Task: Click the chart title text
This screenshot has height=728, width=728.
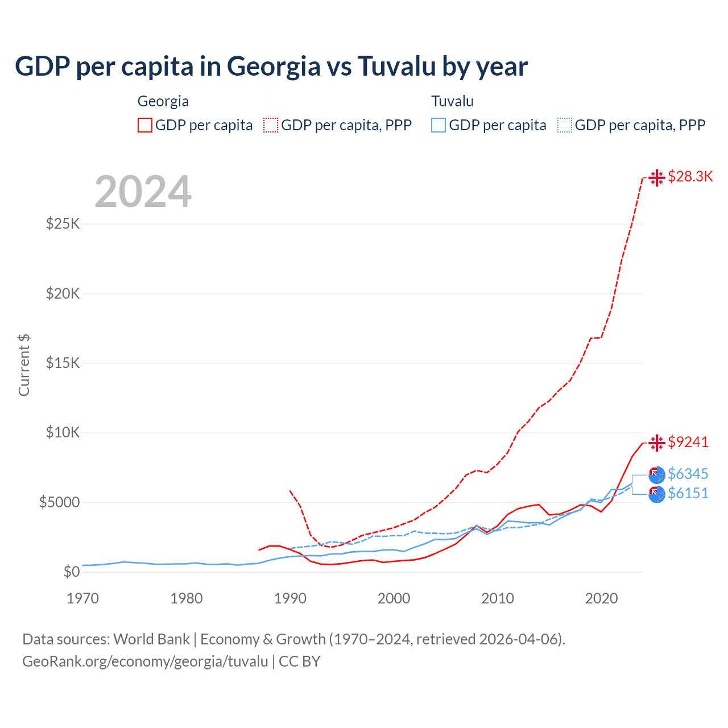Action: point(271,67)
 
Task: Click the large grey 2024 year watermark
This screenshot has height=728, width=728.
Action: point(143,192)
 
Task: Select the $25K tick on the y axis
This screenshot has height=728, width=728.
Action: point(63,224)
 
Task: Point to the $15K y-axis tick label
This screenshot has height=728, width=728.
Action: point(63,363)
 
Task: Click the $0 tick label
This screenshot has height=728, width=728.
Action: point(71,572)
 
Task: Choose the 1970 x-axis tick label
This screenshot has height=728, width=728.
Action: point(82,598)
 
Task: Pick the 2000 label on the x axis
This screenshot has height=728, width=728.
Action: point(394,598)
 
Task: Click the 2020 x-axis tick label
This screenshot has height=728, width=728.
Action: point(601,598)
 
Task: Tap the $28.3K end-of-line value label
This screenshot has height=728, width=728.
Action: point(690,177)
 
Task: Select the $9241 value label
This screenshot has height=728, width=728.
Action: point(688,442)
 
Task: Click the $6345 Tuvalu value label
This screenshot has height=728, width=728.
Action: point(688,474)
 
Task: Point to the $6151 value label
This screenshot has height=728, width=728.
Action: point(688,493)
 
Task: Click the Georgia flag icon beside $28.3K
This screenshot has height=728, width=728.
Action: point(657,177)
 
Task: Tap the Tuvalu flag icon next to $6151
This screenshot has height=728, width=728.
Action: point(657,494)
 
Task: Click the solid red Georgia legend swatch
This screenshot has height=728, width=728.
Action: point(145,125)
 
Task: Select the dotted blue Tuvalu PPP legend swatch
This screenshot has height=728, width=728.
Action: point(565,125)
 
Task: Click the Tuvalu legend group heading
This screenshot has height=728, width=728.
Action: point(452,101)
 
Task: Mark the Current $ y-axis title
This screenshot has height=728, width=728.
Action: point(24,365)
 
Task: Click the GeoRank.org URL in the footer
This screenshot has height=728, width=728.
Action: point(145,661)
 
